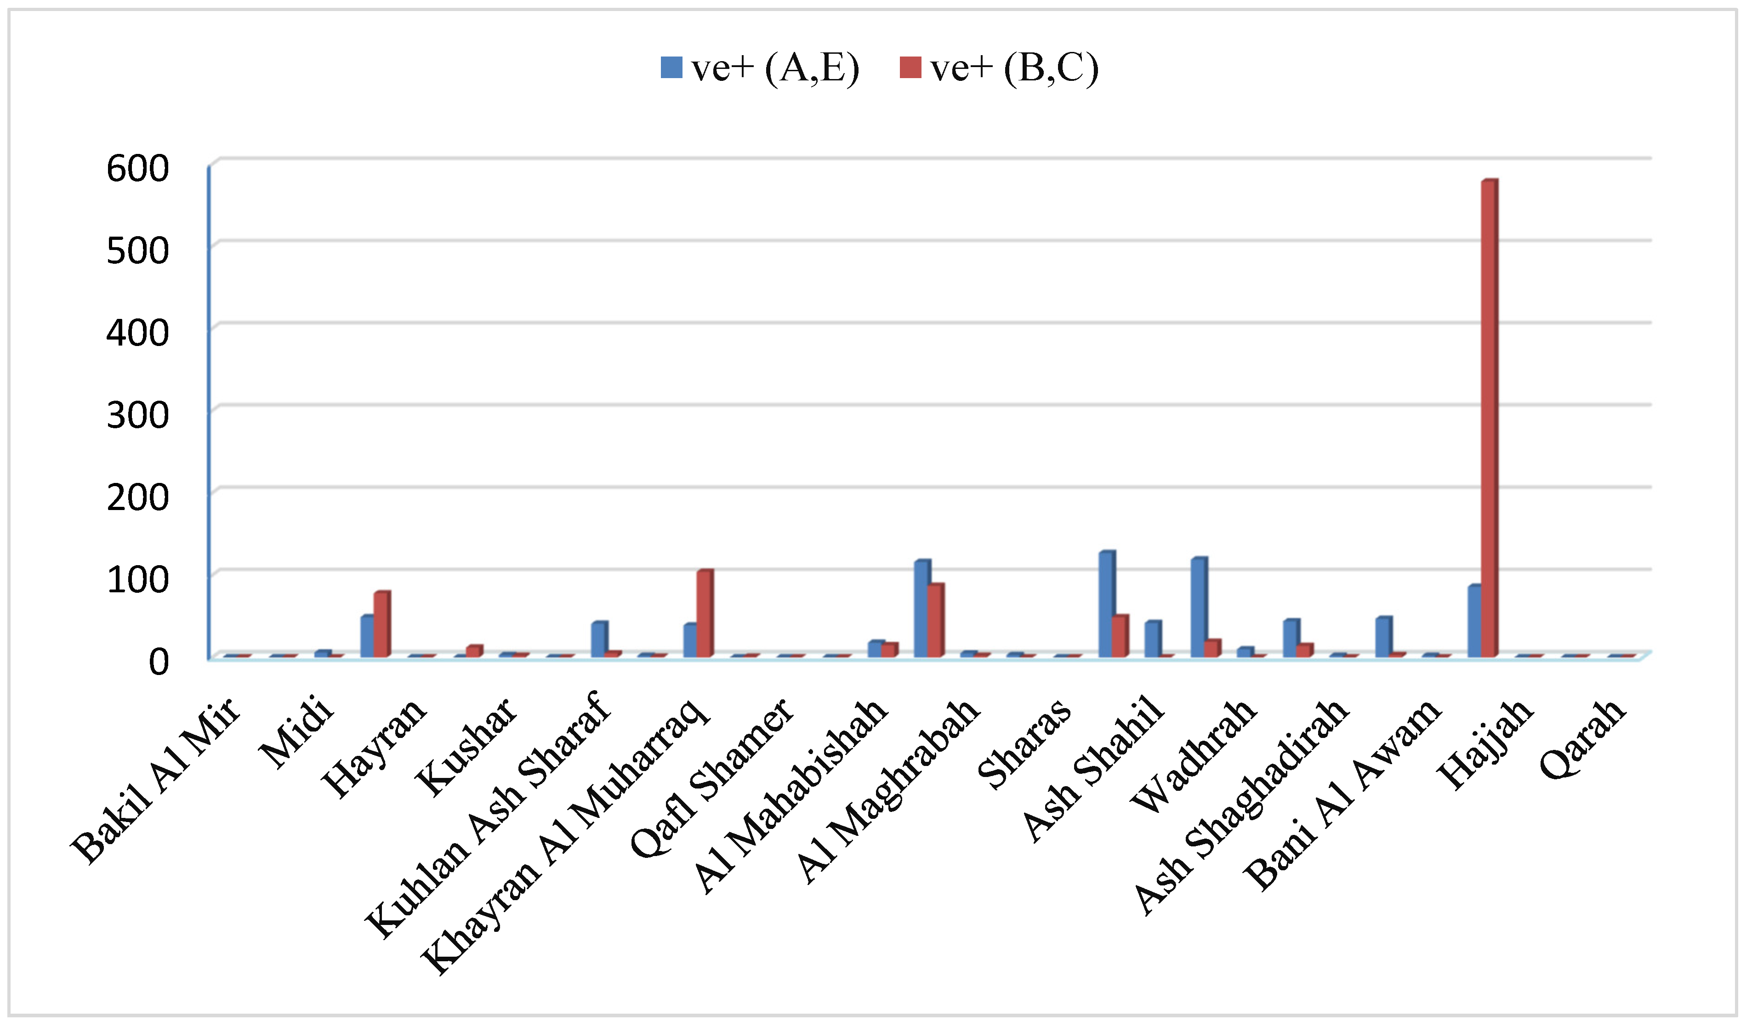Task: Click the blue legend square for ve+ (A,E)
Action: pos(671,68)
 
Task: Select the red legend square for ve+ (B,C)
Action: pos(910,68)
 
